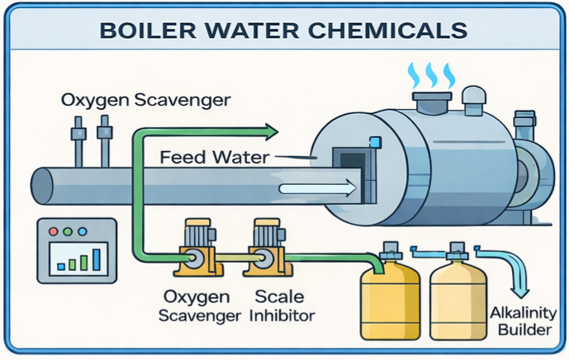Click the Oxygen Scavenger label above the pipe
(x=145, y=102)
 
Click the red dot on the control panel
(x=54, y=232)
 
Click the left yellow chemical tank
(x=391, y=297)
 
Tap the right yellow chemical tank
(x=459, y=297)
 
